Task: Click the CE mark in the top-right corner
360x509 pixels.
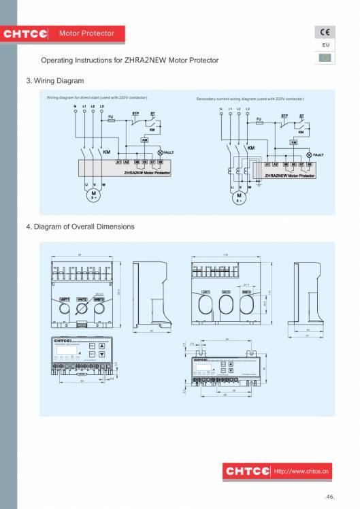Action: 325,33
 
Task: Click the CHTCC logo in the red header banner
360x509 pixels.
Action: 26,33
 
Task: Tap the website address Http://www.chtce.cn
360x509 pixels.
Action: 301,470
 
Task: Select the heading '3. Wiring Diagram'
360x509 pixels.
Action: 54,81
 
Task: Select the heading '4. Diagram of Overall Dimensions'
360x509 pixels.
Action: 80,227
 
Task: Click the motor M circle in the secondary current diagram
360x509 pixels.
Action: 240,197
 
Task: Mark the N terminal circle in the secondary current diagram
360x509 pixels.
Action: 221,114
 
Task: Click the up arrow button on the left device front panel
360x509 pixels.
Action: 101,345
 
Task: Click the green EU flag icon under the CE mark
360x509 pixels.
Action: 325,57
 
